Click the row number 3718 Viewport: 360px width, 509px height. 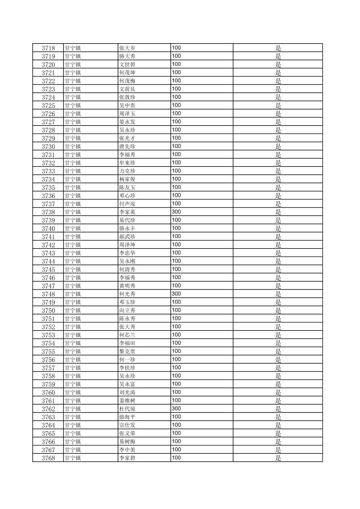48,48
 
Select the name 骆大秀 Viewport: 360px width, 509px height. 127,56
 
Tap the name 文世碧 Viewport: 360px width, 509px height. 127,64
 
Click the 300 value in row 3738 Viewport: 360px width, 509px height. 176,212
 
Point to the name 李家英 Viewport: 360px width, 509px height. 127,212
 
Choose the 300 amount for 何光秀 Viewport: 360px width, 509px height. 176,294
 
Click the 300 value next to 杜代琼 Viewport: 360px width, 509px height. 176,409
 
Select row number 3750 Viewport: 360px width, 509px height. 48,310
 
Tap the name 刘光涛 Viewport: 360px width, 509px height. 127,392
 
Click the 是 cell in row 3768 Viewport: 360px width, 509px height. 278,458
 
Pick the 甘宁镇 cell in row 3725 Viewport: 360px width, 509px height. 73,105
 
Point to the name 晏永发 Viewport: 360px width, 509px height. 127,122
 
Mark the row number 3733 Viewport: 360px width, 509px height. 48,171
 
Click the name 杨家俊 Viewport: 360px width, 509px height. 127,179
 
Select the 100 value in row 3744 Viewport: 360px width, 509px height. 176,261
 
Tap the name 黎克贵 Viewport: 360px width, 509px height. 127,351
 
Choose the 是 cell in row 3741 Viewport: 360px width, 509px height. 278,237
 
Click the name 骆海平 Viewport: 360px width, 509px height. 127,417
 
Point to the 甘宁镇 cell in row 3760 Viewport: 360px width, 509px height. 73,392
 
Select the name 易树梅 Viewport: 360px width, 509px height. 127,442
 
